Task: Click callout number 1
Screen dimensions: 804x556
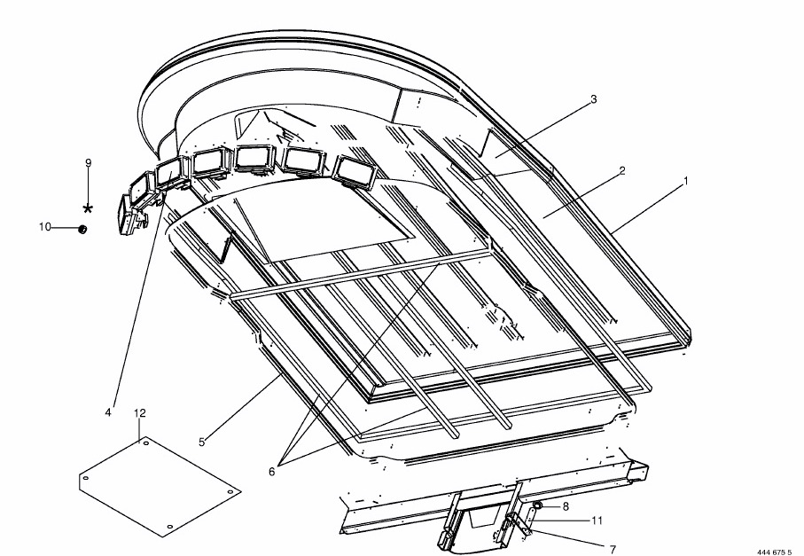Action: pyautogui.click(x=685, y=181)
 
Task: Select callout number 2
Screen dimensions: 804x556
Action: pyautogui.click(x=622, y=171)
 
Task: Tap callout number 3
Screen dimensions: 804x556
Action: pyautogui.click(x=594, y=99)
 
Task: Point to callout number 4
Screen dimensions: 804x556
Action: pyautogui.click(x=108, y=412)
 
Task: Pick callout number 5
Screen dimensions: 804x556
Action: pyautogui.click(x=202, y=442)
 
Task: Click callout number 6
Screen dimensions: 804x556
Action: pyautogui.click(x=272, y=472)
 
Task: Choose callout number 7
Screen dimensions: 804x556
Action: pyautogui.click(x=613, y=549)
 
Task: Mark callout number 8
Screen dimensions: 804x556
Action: pyautogui.click(x=566, y=506)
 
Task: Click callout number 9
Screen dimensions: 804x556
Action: pyautogui.click(x=88, y=163)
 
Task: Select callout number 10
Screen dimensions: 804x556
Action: pyautogui.click(x=45, y=227)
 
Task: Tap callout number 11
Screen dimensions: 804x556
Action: pyautogui.click(x=597, y=521)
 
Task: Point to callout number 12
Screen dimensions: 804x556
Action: pyautogui.click(x=139, y=413)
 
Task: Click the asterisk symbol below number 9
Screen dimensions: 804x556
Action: pyautogui.click(x=88, y=208)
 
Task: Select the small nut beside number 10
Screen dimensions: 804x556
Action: pyautogui.click(x=82, y=229)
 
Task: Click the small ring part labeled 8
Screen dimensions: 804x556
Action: pyautogui.click(x=537, y=506)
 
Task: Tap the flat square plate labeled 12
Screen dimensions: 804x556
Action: pyautogui.click(x=160, y=486)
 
